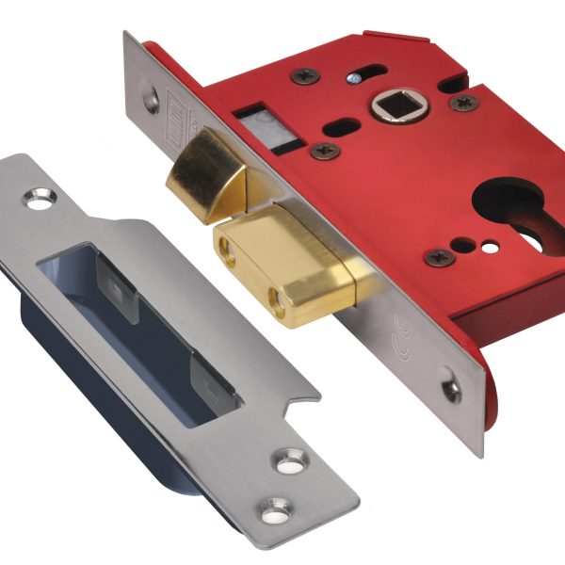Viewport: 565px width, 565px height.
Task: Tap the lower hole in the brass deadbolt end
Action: point(277,300)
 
